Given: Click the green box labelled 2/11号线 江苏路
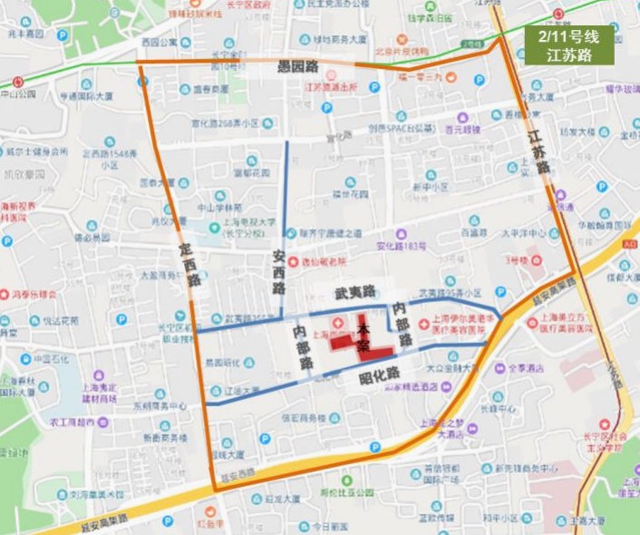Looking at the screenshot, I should pyautogui.click(x=568, y=45).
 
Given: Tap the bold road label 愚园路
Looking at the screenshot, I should pyautogui.click(x=298, y=67).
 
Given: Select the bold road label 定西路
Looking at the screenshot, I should pyautogui.click(x=189, y=263).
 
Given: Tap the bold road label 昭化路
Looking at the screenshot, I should pyautogui.click(x=380, y=373).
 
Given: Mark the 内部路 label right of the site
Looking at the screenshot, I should pyautogui.click(x=401, y=324).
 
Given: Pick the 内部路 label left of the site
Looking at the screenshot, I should pyautogui.click(x=304, y=347).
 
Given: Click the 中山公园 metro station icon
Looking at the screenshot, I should pyautogui.click(x=17, y=82).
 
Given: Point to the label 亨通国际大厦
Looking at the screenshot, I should pyautogui.click(x=86, y=95).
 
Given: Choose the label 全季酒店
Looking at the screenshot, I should pyautogui.click(x=525, y=368).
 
